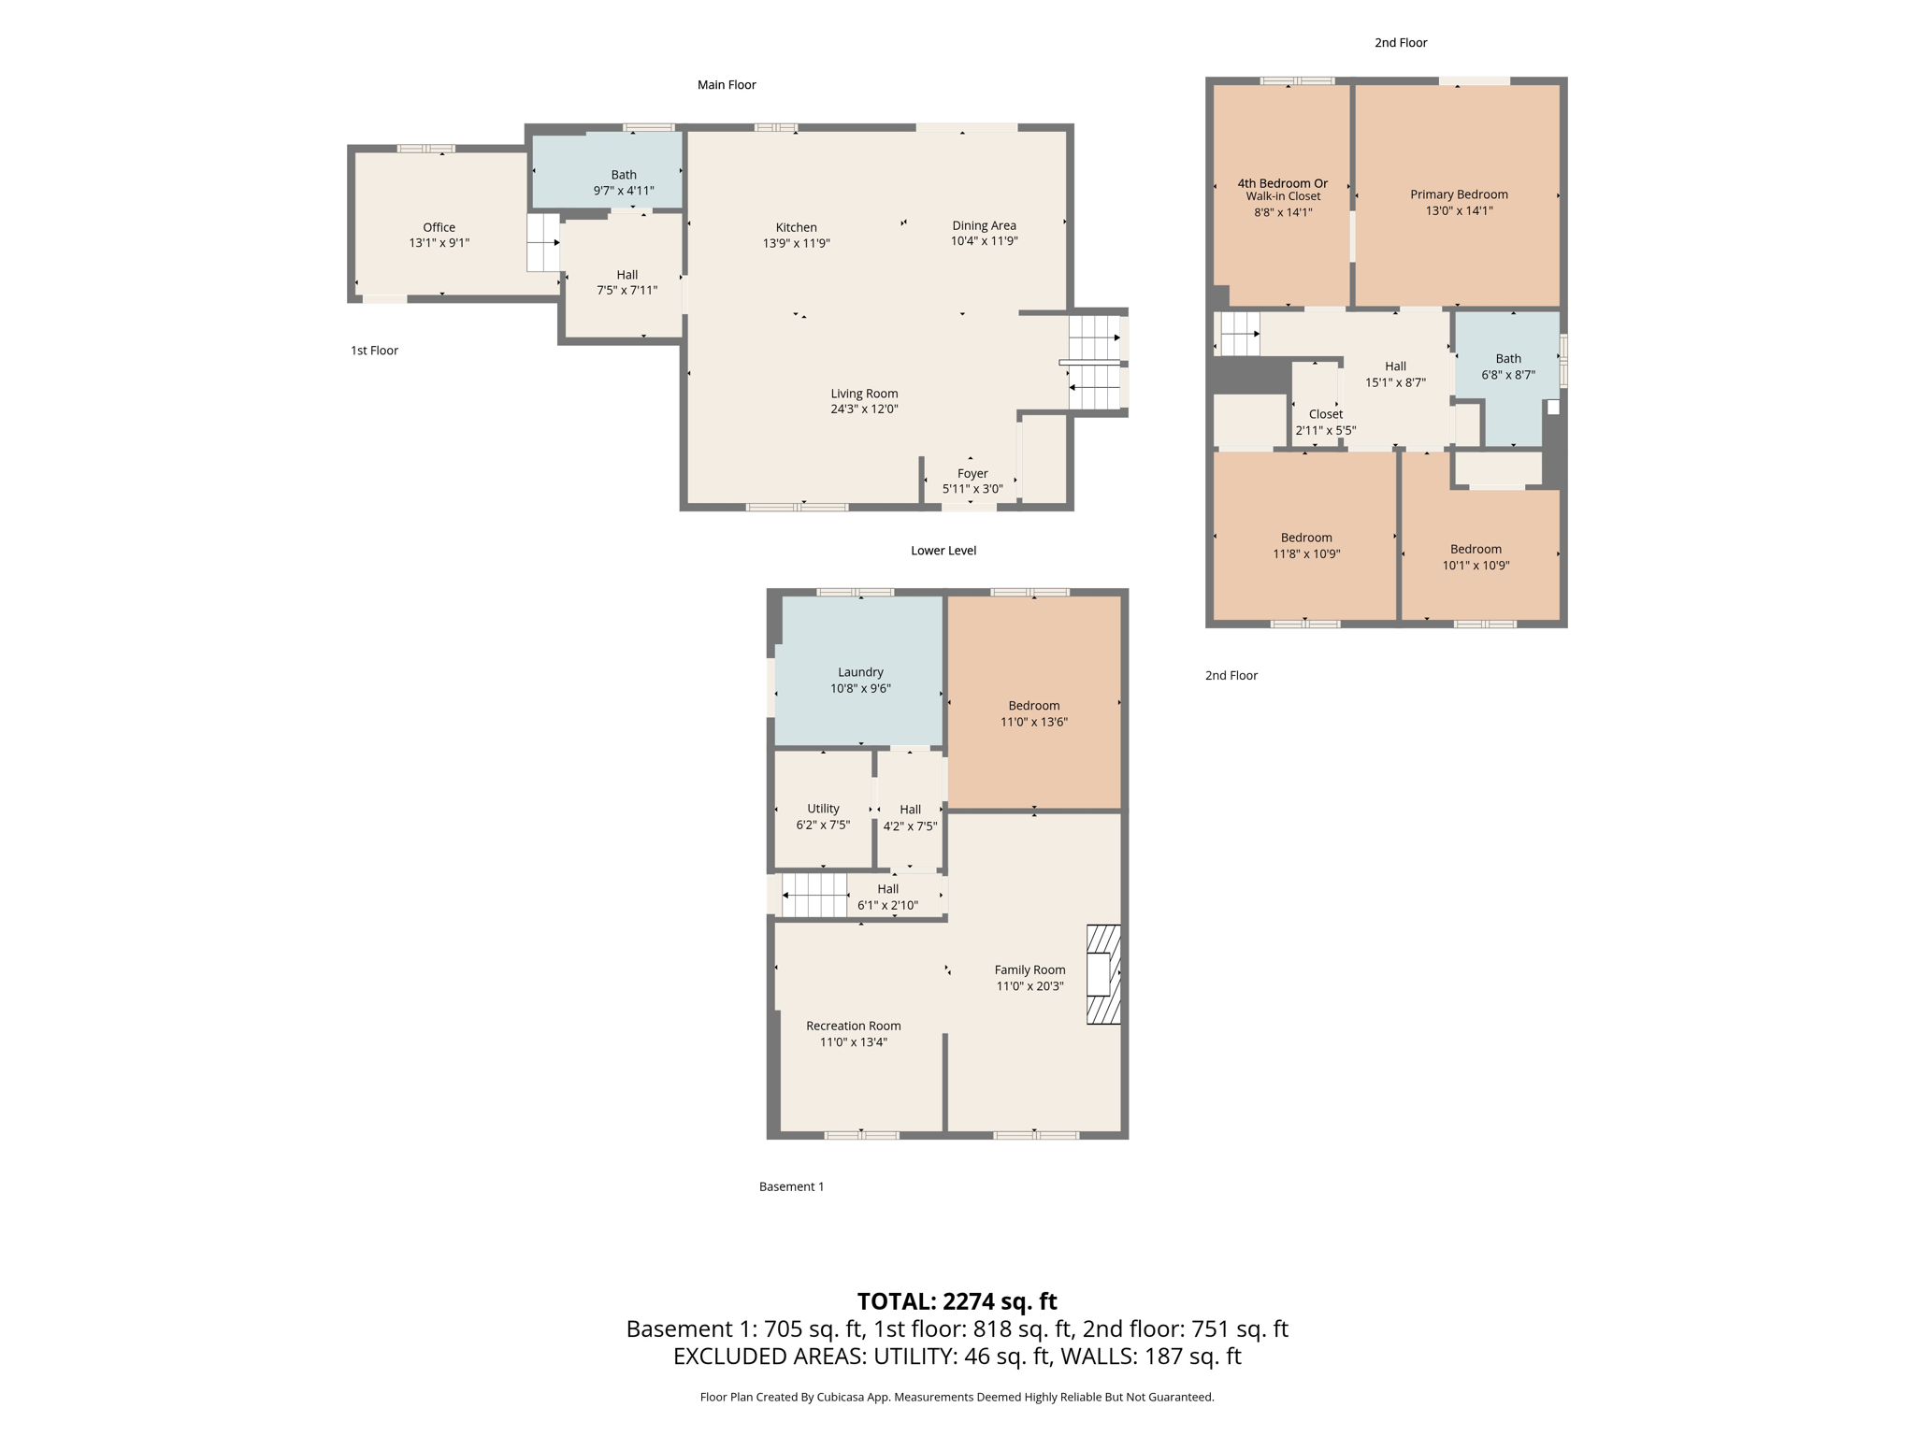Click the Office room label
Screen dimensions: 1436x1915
point(439,227)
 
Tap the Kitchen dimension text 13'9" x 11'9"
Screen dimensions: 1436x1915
point(796,243)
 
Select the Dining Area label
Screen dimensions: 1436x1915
point(984,225)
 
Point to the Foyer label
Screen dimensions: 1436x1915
point(972,473)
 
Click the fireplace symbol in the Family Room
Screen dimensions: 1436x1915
point(1102,974)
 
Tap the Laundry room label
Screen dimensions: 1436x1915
point(860,672)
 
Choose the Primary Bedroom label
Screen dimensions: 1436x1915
point(1459,194)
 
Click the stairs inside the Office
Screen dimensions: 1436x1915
point(542,243)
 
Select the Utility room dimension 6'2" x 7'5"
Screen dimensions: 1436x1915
point(823,825)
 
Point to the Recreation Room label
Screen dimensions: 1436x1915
point(853,1026)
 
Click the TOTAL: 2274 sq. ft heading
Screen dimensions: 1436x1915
point(957,1301)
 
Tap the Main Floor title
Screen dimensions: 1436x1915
point(727,85)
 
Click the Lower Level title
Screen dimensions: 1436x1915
point(943,551)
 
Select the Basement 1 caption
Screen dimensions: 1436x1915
point(791,1186)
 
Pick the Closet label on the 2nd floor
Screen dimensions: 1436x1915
point(1325,414)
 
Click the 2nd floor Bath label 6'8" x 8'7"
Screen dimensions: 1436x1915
point(1507,366)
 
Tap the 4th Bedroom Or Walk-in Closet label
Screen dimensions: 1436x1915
point(1282,190)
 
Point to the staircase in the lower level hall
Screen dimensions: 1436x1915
point(814,896)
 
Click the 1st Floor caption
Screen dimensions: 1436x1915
point(374,351)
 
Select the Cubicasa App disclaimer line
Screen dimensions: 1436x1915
point(957,1397)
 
